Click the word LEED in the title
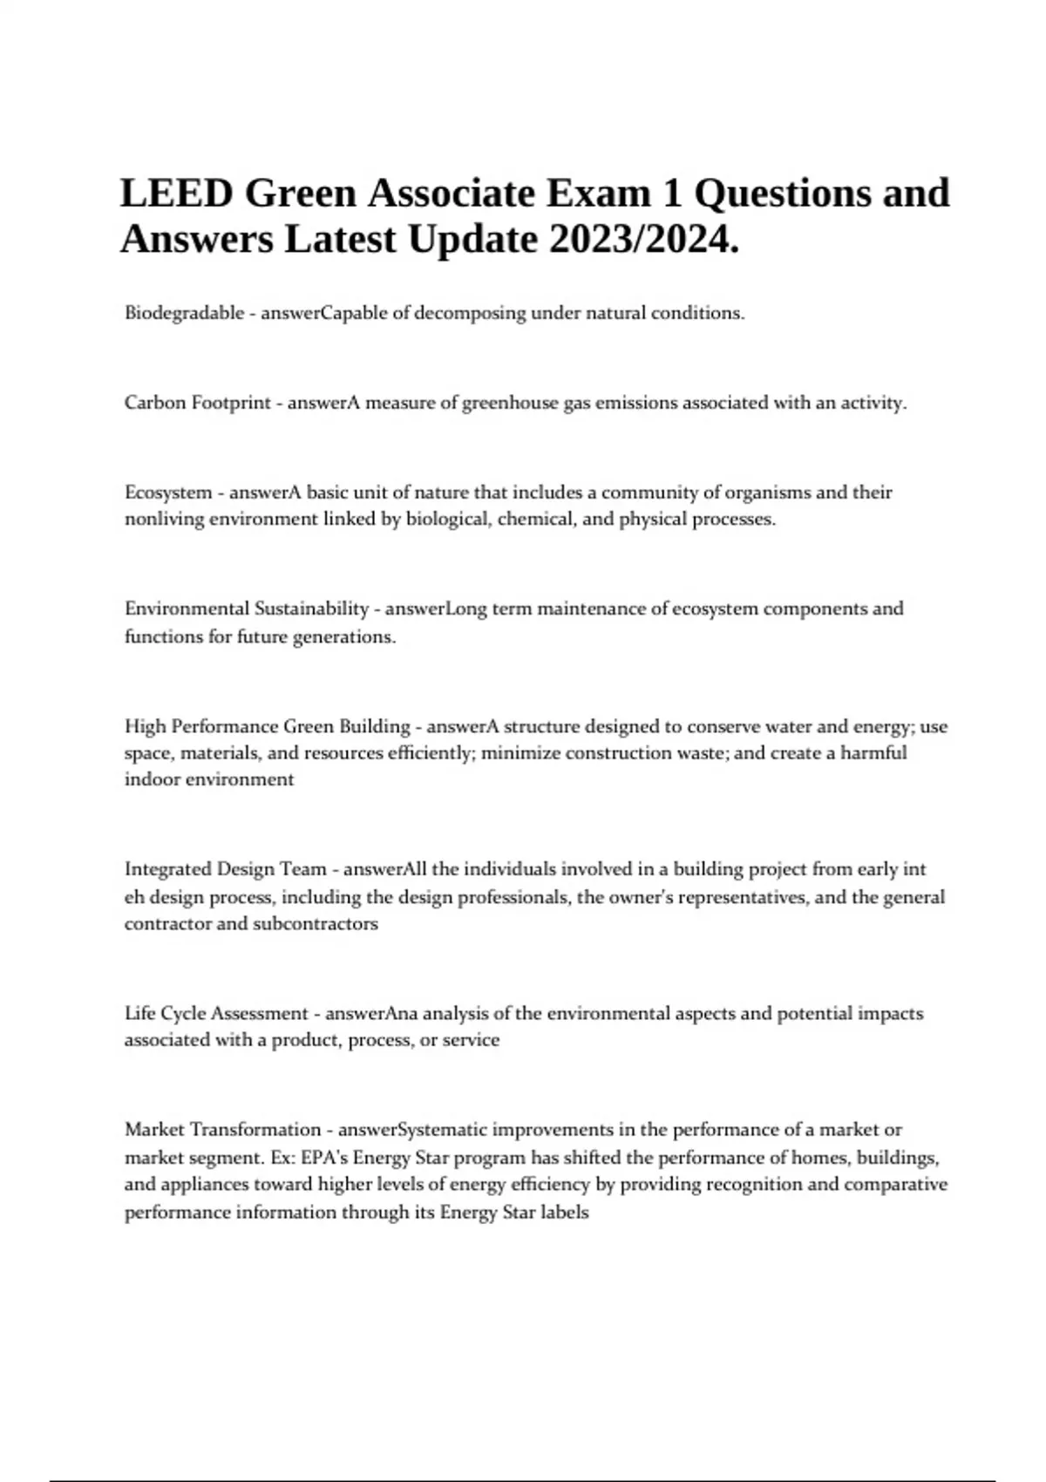click(x=176, y=193)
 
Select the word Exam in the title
click(x=599, y=193)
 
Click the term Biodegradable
click(x=184, y=313)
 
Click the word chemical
click(x=532, y=520)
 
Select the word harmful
click(x=873, y=753)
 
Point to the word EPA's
click(x=324, y=1158)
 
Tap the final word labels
click(x=565, y=1213)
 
